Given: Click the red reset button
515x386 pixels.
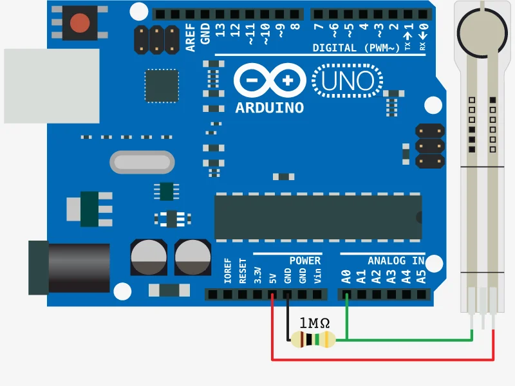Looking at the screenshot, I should pyautogui.click(x=80, y=23).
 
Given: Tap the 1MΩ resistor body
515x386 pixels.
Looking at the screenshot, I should pyautogui.click(x=313, y=339).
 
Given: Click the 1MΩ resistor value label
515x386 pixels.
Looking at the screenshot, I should pyautogui.click(x=315, y=323).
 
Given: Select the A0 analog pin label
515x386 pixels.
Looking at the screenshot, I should pyautogui.click(x=346, y=277).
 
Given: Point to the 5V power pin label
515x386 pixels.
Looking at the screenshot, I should pyautogui.click(x=273, y=278).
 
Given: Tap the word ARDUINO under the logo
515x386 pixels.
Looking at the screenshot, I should pyautogui.click(x=269, y=107).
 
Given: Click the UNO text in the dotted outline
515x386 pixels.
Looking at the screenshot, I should pyautogui.click(x=347, y=81).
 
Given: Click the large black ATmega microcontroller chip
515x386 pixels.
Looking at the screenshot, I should pyautogui.click(x=318, y=217).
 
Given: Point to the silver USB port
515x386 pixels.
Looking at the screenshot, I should pyautogui.click(x=51, y=86).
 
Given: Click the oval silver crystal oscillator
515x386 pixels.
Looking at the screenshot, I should pyautogui.click(x=142, y=162).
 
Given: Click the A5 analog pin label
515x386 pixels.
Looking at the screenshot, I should pyautogui.click(x=421, y=277).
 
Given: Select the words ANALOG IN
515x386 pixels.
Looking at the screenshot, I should pyautogui.click(x=396, y=261).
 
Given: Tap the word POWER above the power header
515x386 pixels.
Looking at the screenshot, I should pyautogui.click(x=304, y=261).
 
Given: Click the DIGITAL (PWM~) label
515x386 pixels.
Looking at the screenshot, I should pyautogui.click(x=356, y=48).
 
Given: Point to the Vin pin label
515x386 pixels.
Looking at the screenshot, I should pyautogui.click(x=317, y=277).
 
